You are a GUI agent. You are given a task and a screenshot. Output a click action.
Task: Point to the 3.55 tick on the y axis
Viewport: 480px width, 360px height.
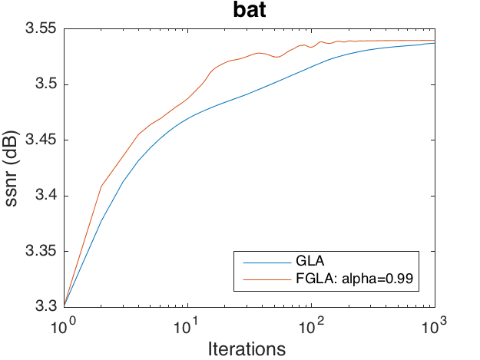[44, 29]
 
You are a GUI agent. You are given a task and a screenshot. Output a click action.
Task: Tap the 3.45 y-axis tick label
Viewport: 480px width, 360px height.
[44, 140]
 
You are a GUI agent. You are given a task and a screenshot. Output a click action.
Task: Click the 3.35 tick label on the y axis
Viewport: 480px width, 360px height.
[44, 251]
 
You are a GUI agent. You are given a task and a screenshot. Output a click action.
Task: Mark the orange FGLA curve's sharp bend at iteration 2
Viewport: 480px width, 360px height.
[101, 186]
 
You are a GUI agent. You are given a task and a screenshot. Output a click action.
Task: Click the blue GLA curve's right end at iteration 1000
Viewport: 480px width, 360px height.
[434, 43]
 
